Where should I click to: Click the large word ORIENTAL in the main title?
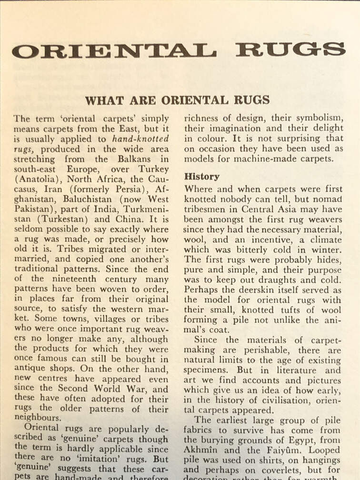(114, 50)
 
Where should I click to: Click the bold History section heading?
(202, 177)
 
